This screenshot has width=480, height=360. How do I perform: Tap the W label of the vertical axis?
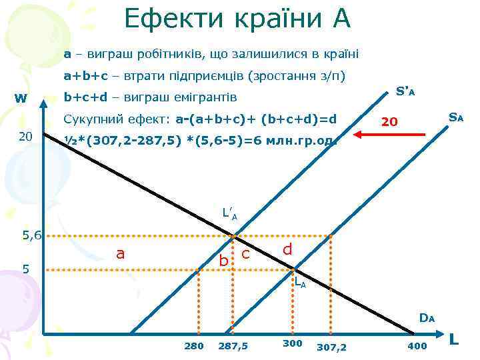click(21, 99)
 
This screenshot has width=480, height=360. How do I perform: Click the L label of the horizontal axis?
click(455, 340)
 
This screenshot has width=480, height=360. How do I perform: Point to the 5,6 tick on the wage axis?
click(31, 235)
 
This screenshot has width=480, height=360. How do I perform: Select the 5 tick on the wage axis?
click(25, 269)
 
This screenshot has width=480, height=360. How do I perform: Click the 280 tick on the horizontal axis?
click(193, 345)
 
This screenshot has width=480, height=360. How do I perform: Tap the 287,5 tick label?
click(233, 346)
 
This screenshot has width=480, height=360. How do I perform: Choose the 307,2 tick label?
click(331, 347)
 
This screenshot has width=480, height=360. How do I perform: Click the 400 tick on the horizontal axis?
click(417, 345)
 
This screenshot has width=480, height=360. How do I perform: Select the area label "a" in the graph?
click(120, 253)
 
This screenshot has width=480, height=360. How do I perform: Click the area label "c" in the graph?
click(245, 253)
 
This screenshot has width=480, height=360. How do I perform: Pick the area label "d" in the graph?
click(287, 249)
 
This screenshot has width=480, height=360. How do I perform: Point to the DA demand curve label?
click(427, 318)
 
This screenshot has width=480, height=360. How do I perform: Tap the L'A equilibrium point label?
click(229, 215)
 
